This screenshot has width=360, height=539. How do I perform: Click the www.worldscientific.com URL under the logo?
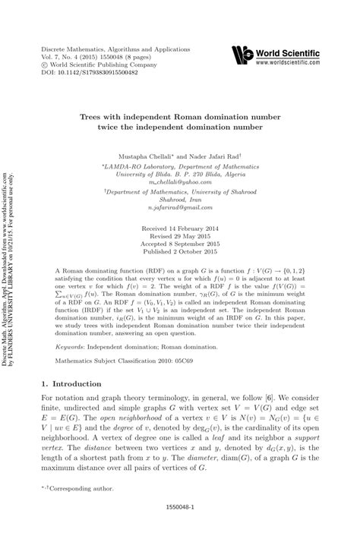[293, 63]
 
